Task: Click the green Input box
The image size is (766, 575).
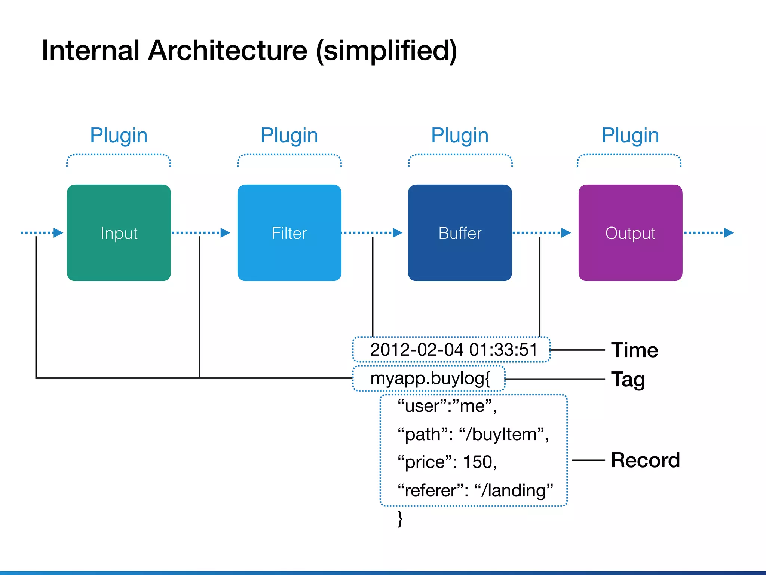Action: (119, 232)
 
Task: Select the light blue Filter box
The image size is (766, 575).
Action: (289, 232)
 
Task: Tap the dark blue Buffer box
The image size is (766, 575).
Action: (460, 232)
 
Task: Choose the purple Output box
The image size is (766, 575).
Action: (630, 232)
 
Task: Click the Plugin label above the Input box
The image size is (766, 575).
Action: (119, 135)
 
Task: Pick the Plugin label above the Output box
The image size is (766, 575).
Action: (630, 135)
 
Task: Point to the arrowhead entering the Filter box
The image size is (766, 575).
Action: (225, 233)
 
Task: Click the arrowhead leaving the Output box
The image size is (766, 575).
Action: (729, 233)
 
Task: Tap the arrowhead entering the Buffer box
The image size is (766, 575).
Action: (398, 233)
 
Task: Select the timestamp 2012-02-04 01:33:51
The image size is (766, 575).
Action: (453, 350)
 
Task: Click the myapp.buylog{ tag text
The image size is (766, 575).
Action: (430, 378)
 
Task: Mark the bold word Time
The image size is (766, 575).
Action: (634, 350)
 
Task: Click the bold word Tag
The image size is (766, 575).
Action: (628, 379)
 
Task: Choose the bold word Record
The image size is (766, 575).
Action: (645, 460)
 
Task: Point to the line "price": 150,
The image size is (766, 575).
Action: (447, 462)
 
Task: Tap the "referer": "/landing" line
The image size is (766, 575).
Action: (475, 490)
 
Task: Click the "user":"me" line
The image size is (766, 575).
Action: (447, 406)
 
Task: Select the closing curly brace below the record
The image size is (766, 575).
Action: (400, 519)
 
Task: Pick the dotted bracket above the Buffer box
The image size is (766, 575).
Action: (460, 155)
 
